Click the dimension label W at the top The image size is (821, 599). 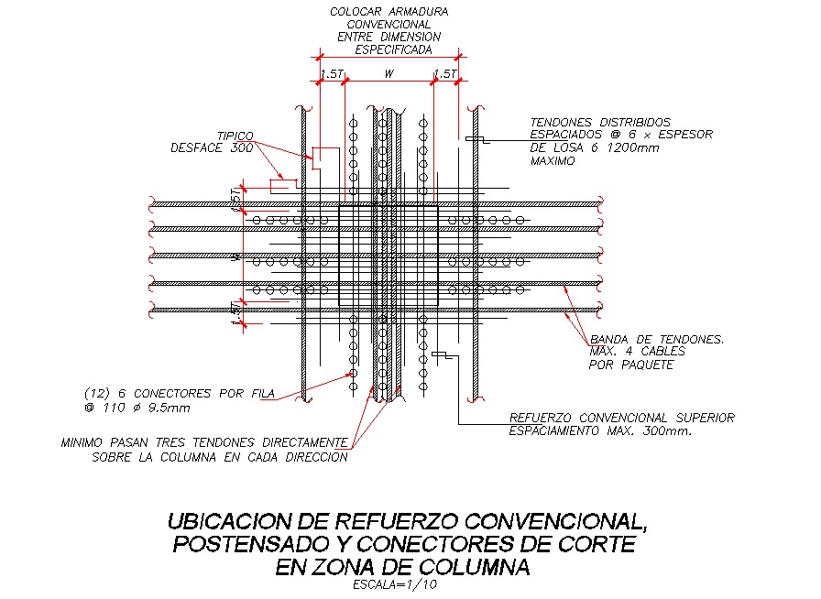[389, 72]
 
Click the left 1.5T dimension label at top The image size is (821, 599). [330, 73]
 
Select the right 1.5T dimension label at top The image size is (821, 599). [445, 73]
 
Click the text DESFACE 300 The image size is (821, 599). [212, 147]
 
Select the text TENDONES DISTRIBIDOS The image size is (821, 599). [600, 122]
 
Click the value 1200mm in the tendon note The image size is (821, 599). [631, 147]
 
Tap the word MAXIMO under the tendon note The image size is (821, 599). [553, 160]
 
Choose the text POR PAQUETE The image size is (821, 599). [630, 365]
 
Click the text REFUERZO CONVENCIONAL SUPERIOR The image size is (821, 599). [621, 418]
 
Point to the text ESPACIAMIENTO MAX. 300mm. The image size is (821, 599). [599, 430]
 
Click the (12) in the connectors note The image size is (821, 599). [98, 394]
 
